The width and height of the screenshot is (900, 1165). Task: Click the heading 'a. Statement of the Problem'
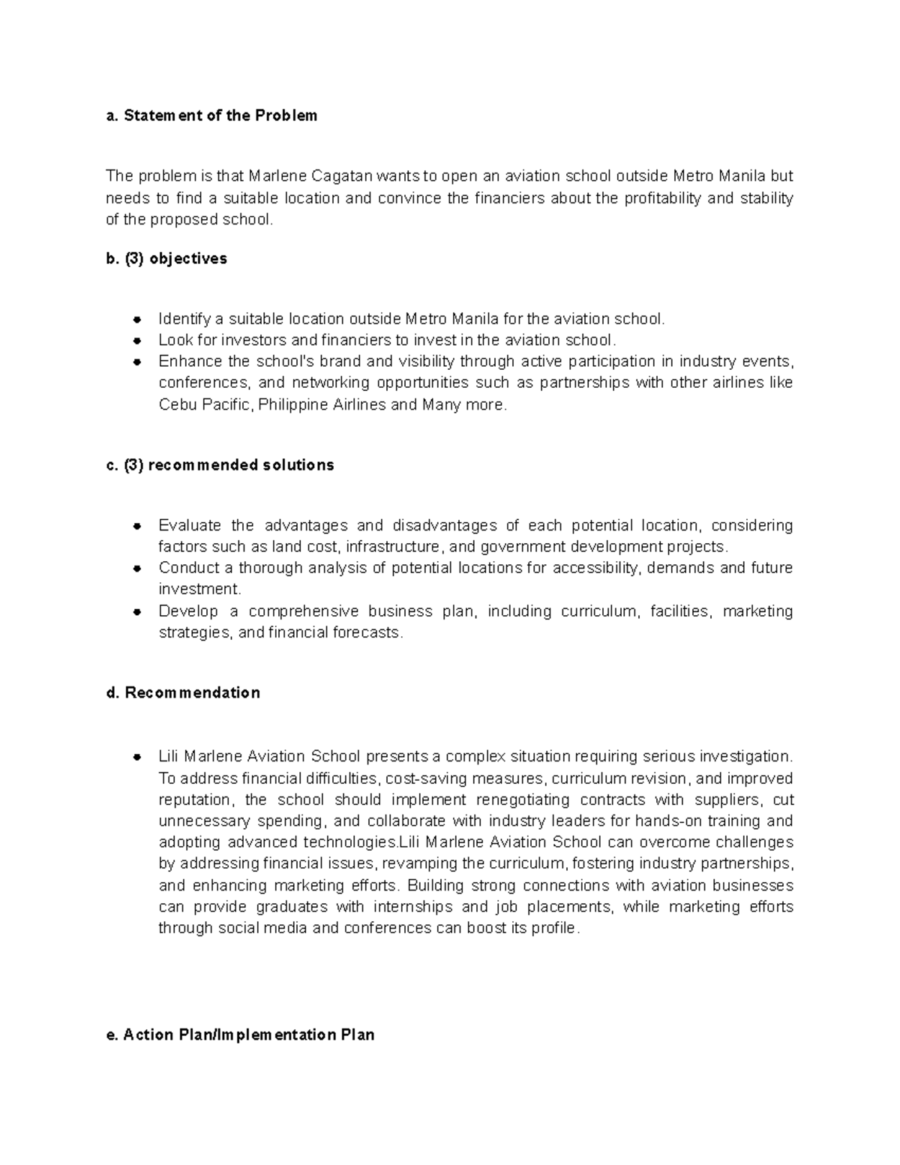[211, 116]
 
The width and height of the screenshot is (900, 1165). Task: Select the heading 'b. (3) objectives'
[166, 259]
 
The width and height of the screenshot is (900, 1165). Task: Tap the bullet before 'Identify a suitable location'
[137, 320]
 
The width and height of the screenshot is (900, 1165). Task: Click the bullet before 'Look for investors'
[137, 341]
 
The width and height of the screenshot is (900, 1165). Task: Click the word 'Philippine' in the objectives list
[293, 405]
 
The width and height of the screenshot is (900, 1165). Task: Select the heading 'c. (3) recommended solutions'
[220, 465]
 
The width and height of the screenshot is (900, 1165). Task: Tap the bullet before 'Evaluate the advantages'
[137, 526]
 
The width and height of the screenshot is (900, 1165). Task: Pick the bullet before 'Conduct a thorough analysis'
[137, 569]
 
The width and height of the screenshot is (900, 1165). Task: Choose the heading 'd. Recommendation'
[184, 692]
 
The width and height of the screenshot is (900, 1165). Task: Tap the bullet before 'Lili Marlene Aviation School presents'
[137, 756]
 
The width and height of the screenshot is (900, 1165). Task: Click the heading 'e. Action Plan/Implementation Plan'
[241, 1035]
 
